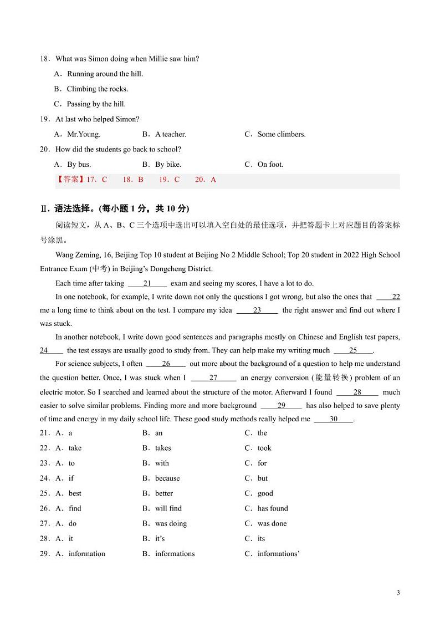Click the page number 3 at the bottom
(x=398, y=593)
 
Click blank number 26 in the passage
(x=166, y=364)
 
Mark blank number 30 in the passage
(x=334, y=419)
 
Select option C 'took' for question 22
(x=264, y=448)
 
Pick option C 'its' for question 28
(x=261, y=538)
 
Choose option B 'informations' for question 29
(x=175, y=553)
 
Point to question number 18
(x=45, y=59)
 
